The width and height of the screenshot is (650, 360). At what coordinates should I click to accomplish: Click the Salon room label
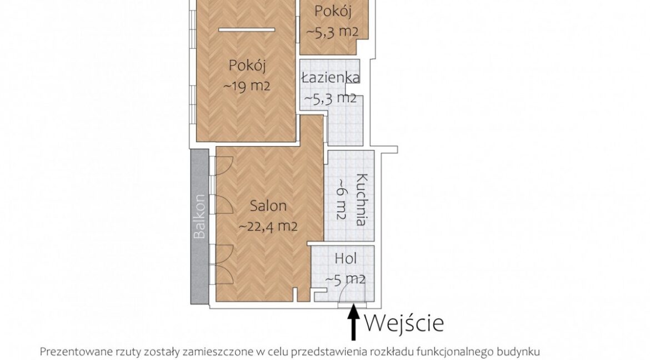tap(268, 206)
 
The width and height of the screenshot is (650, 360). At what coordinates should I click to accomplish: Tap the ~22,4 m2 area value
tap(268, 227)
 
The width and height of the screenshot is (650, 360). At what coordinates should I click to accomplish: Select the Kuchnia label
tap(362, 199)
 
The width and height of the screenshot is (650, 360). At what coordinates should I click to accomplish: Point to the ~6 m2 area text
tap(341, 199)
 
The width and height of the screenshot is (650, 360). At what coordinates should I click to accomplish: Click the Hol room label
tap(346, 258)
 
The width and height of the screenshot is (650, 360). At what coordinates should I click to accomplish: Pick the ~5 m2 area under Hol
tap(346, 279)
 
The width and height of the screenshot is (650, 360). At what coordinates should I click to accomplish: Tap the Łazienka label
tap(331, 78)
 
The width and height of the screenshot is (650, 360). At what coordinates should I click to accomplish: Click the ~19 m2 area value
tap(247, 86)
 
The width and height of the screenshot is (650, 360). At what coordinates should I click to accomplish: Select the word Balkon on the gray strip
tap(200, 216)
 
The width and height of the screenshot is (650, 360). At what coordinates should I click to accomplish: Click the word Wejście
tap(404, 323)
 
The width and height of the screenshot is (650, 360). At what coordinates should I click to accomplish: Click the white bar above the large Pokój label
tap(247, 30)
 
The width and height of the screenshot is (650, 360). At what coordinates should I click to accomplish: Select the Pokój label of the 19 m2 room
tap(247, 65)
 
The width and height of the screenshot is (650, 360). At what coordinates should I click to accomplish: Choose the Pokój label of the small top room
tap(332, 11)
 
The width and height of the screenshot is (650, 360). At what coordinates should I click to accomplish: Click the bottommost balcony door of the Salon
tap(224, 274)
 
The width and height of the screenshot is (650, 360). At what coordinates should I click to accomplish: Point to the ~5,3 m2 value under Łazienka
tap(331, 98)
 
